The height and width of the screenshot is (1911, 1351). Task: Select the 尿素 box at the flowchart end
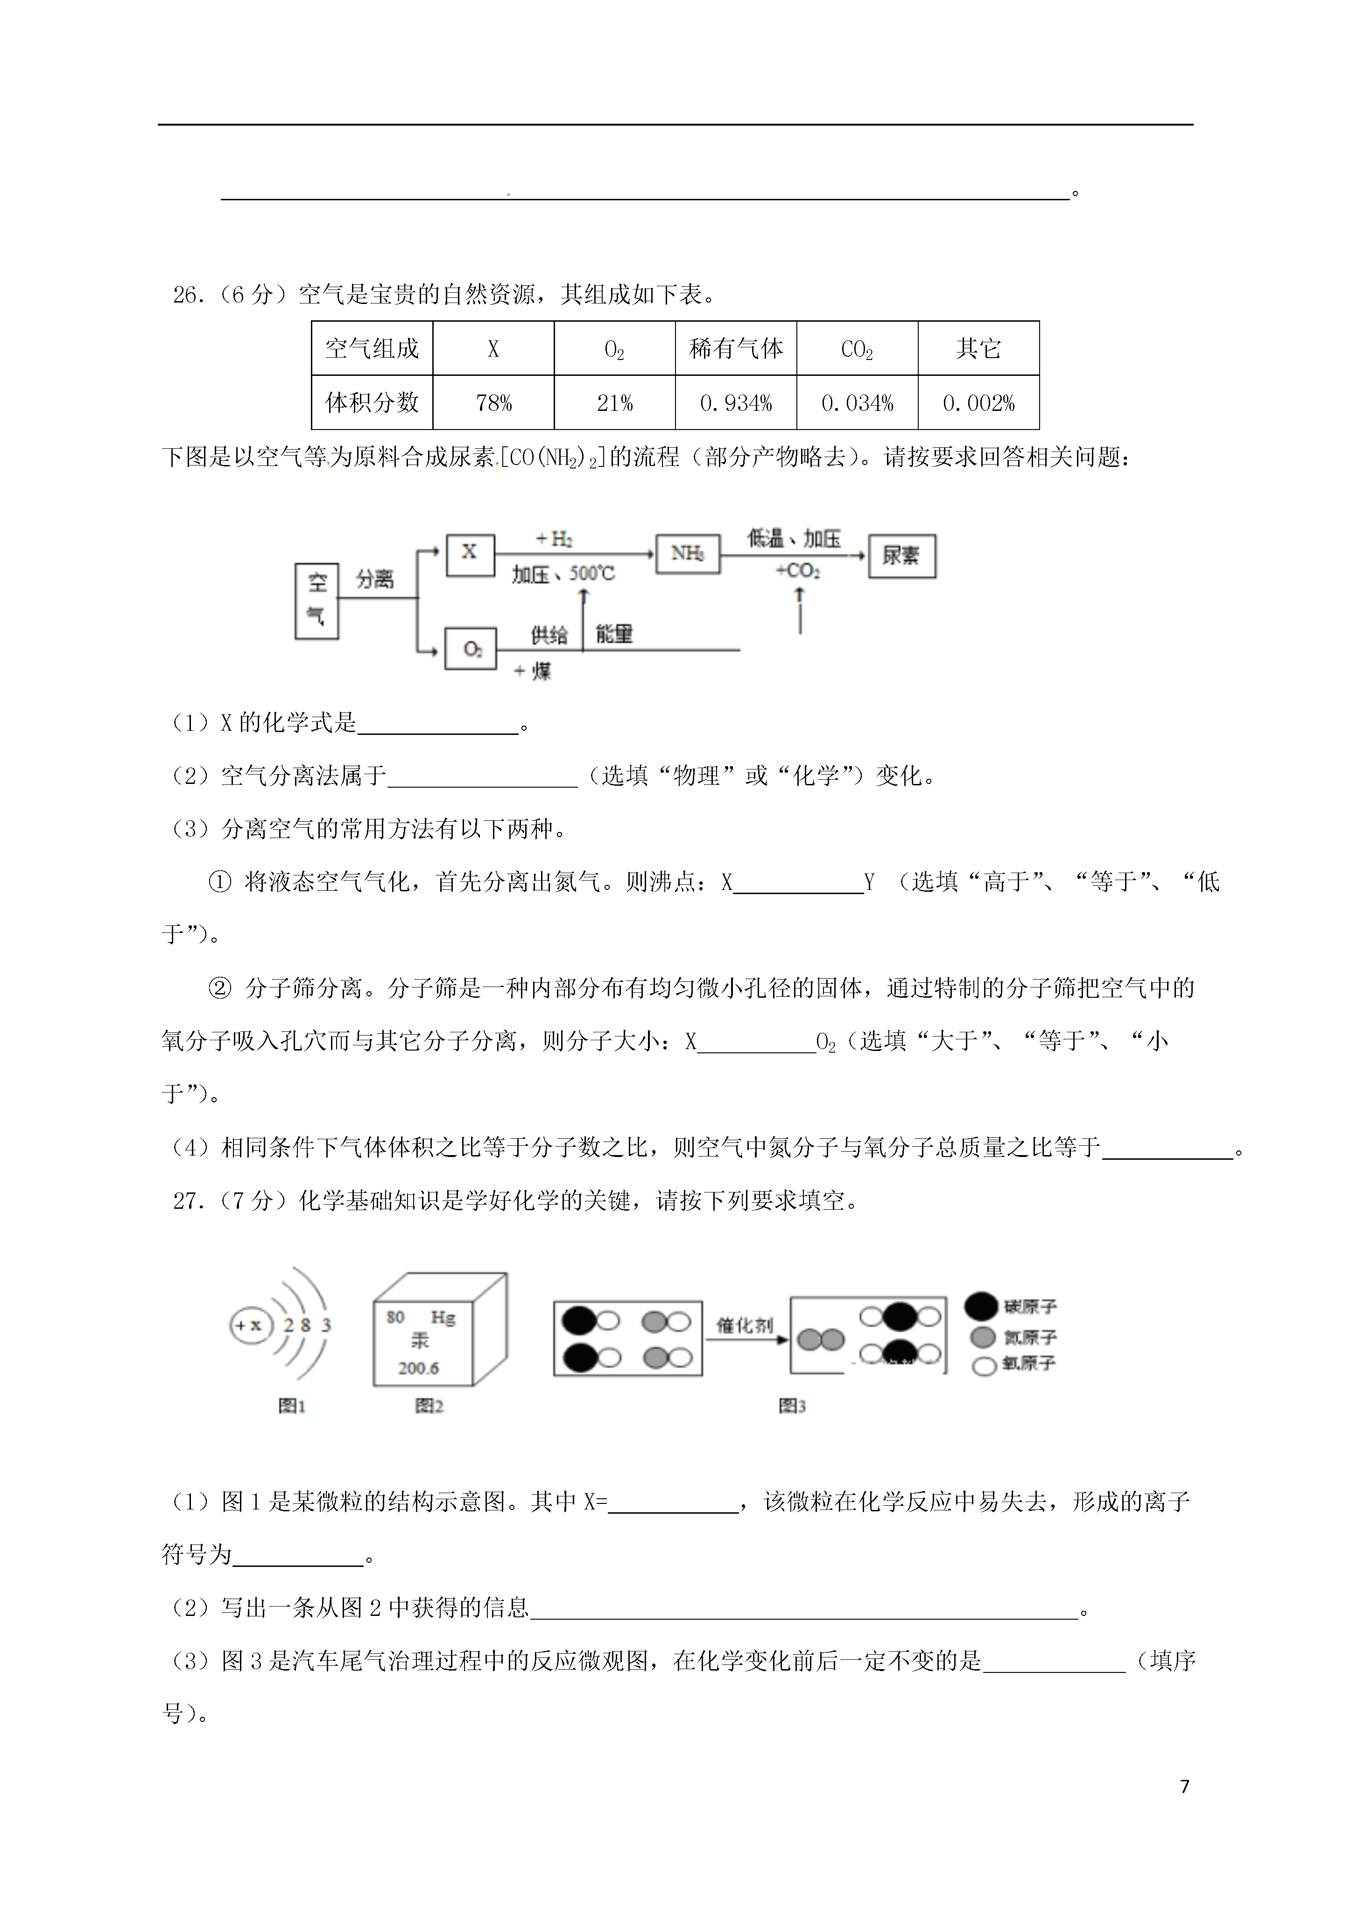point(901,556)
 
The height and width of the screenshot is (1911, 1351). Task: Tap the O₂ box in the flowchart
point(471,649)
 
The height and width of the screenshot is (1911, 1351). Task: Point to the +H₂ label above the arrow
point(555,539)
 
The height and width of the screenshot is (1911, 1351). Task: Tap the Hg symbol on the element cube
point(443,1318)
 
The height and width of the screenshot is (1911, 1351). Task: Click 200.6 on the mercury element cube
point(418,1368)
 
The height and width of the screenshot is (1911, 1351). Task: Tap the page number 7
point(1184,1785)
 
